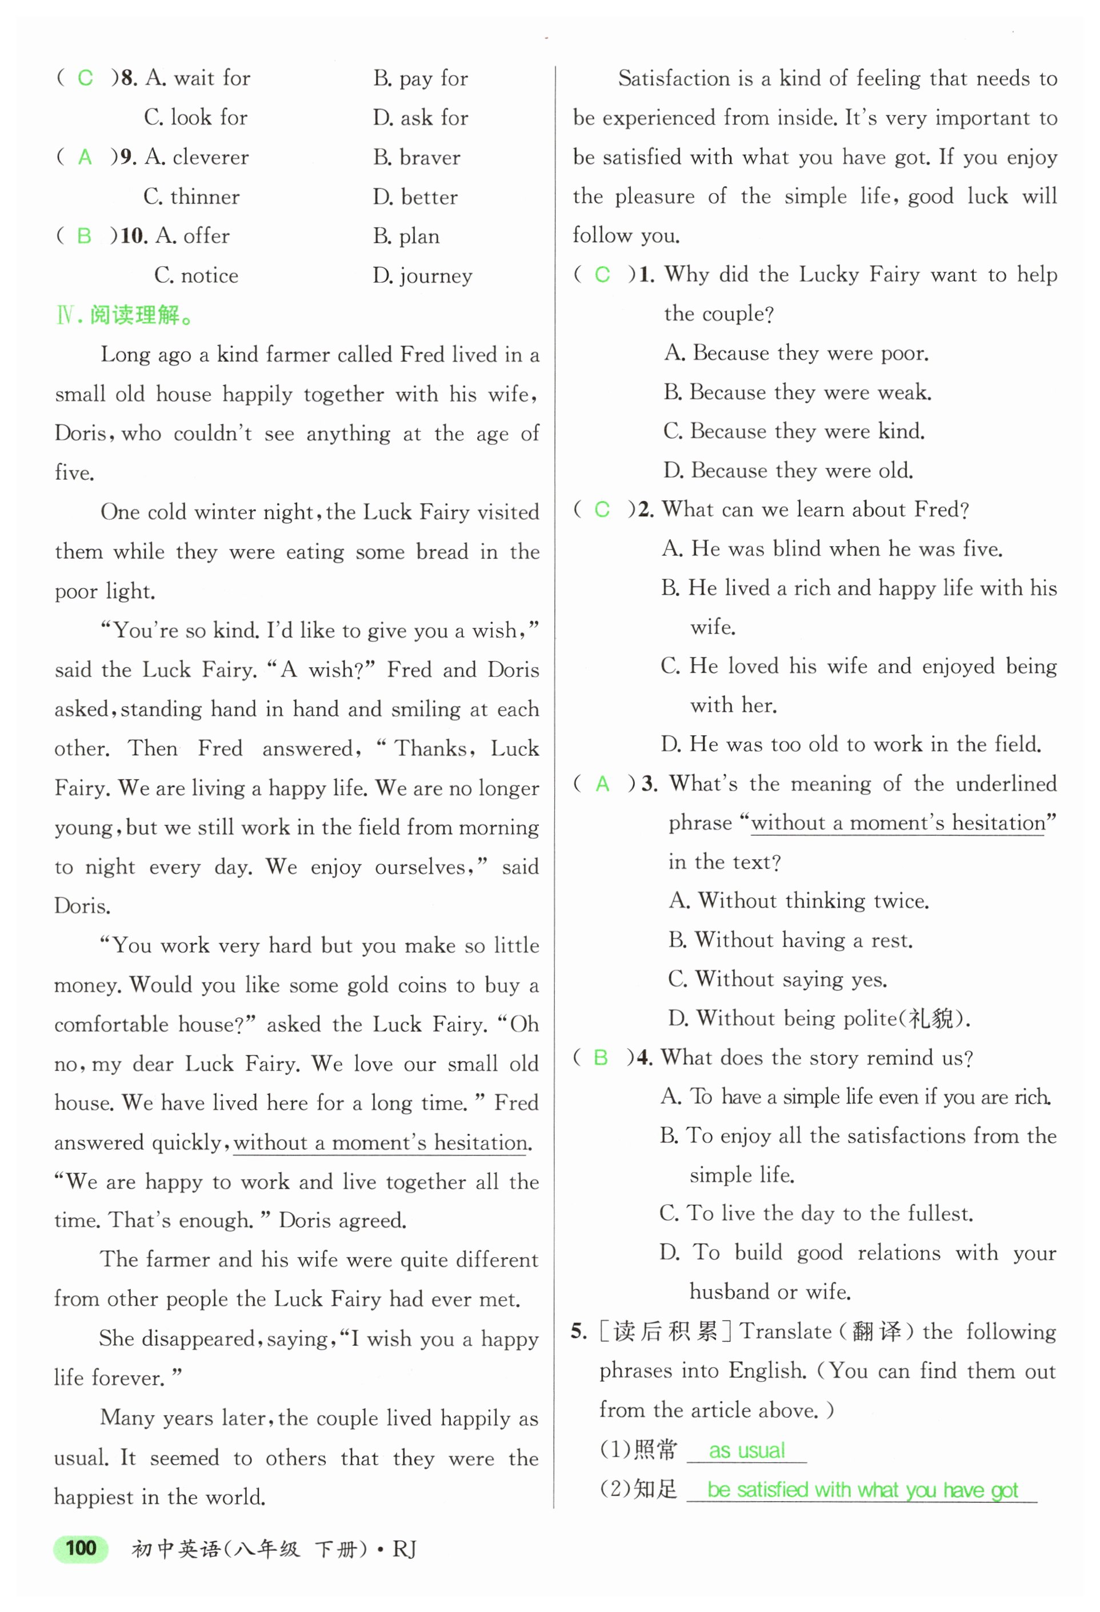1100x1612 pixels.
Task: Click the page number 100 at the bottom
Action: pyautogui.click(x=81, y=1547)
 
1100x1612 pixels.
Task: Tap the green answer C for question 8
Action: pyautogui.click(x=85, y=78)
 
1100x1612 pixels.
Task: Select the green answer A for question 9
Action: pyautogui.click(x=85, y=158)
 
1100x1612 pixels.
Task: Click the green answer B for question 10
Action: pyautogui.click(x=84, y=236)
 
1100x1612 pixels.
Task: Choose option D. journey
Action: pyautogui.click(x=422, y=276)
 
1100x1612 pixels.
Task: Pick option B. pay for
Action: pyautogui.click(x=421, y=78)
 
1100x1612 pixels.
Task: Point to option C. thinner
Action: pyautogui.click(x=191, y=197)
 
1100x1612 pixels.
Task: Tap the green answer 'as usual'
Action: pyautogui.click(x=747, y=1450)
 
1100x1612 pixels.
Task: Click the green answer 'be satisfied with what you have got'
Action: pyautogui.click(x=862, y=1490)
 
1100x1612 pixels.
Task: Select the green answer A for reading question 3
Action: pyautogui.click(x=602, y=784)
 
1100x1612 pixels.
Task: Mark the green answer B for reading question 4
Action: pyautogui.click(x=601, y=1058)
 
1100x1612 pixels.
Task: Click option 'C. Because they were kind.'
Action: pyautogui.click(x=794, y=431)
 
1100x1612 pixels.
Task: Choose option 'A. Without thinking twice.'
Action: pyautogui.click(x=799, y=901)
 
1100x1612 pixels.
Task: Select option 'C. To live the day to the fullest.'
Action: pyautogui.click(x=816, y=1213)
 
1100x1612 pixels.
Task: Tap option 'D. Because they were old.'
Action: pyautogui.click(x=787, y=471)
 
